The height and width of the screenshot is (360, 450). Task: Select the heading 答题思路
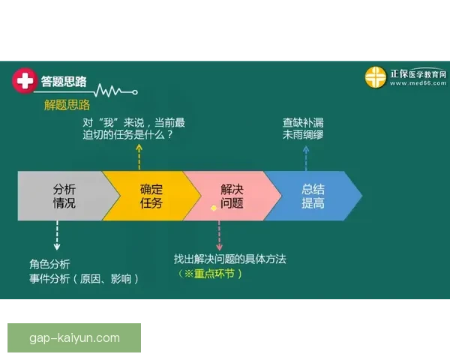tap(64, 81)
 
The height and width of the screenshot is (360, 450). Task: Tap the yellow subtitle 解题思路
tap(67, 104)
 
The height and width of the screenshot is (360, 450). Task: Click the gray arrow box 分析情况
tap(64, 196)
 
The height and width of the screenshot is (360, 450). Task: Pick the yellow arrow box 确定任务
tap(151, 196)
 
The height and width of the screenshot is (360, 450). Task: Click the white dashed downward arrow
tap(57, 237)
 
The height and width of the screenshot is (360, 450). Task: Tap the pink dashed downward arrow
tap(219, 236)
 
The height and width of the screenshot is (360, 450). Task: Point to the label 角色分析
tap(49, 264)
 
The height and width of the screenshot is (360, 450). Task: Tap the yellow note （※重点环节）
tap(211, 274)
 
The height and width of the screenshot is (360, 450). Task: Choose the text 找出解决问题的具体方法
tap(230, 259)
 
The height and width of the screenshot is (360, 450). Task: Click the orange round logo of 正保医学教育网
tap(375, 77)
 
